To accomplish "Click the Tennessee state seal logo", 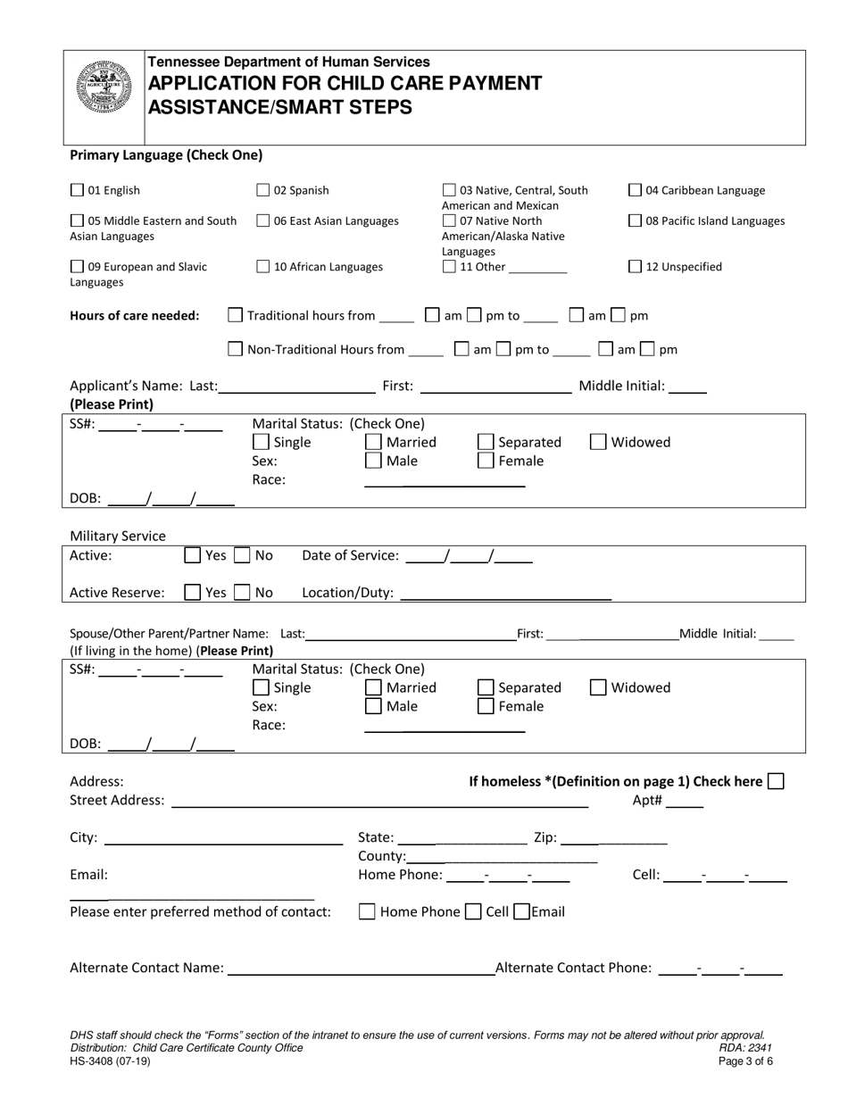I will [104, 87].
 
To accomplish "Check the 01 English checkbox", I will [77, 190].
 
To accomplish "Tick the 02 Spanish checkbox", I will [263, 190].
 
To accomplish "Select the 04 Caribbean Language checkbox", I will [636, 190].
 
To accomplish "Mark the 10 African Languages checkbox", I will [263, 266].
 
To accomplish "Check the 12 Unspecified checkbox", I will [636, 266].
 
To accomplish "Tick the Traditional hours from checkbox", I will [236, 315].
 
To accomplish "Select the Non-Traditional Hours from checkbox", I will [236, 349].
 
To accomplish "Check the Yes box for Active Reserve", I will [193, 592].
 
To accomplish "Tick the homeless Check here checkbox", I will [776, 781].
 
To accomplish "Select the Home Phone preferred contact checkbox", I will [367, 911].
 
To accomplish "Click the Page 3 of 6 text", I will [745, 1061].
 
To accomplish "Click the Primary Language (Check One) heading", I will [166, 154].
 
